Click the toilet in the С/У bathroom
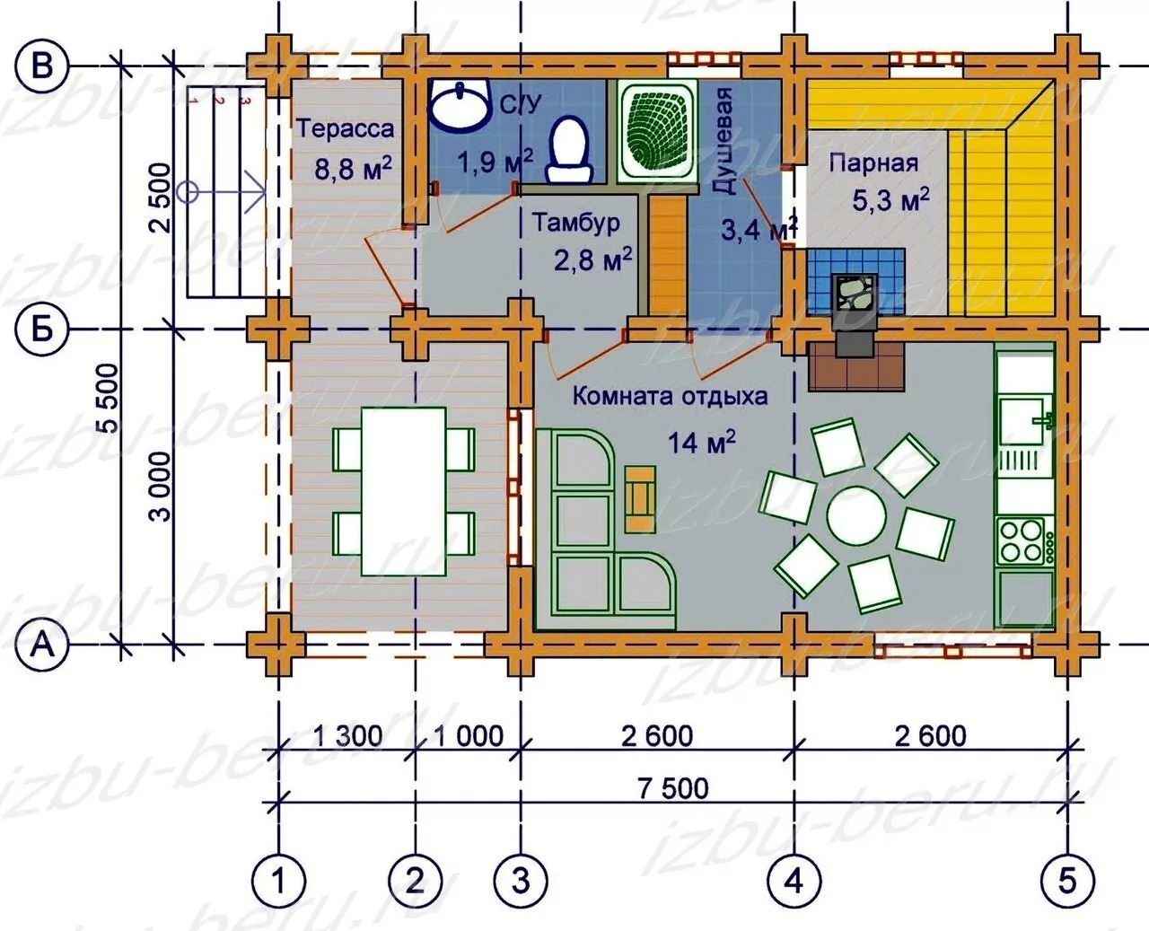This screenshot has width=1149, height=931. [x=569, y=150]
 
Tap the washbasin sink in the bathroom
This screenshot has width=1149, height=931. [x=460, y=105]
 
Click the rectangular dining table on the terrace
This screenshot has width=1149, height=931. [x=404, y=492]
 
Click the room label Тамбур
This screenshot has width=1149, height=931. [x=576, y=223]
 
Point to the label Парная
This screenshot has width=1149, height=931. [x=873, y=162]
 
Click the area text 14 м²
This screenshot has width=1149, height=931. [x=701, y=443]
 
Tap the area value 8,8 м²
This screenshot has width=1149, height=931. [x=354, y=169]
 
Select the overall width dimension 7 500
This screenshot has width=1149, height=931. [x=672, y=788]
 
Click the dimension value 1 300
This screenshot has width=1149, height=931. [x=347, y=736]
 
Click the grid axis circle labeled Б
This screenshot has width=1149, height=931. [x=42, y=329]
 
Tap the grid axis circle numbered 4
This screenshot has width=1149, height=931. [x=794, y=882]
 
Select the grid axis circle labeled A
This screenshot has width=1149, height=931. [x=42, y=645]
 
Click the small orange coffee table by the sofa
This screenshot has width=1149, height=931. [x=640, y=499]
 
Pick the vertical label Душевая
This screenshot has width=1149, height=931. [x=723, y=141]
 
